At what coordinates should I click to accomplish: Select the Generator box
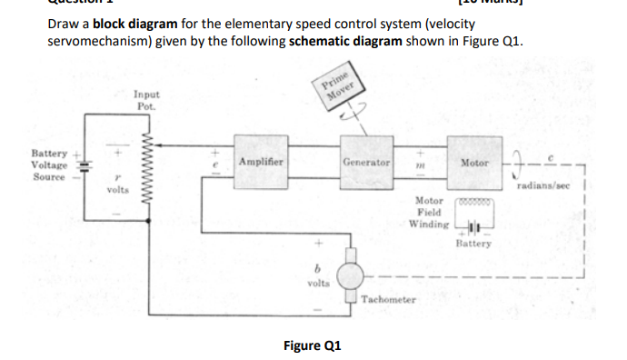coord(366,161)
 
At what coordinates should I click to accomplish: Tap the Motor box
coord(474,161)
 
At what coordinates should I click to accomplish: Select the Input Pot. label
coord(145,99)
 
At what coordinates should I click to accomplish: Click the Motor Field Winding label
coord(428,211)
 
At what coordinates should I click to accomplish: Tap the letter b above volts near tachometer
coord(317,267)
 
